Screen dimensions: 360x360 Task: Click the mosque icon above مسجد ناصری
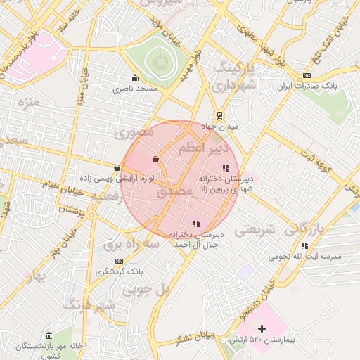pos(134,77)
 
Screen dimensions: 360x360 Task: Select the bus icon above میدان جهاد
pos(220,115)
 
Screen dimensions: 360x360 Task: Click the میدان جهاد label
pos(221,126)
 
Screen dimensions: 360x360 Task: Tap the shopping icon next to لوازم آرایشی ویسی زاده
pos(116,167)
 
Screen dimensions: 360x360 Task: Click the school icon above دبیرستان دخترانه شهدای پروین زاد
pos(226,168)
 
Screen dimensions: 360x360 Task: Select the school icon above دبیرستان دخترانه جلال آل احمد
pos(196,224)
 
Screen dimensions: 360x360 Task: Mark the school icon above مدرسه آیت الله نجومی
pos(304,245)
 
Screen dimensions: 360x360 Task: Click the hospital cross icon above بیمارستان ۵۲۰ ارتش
pos(262,328)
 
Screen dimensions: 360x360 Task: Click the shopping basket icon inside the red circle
pos(155,160)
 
